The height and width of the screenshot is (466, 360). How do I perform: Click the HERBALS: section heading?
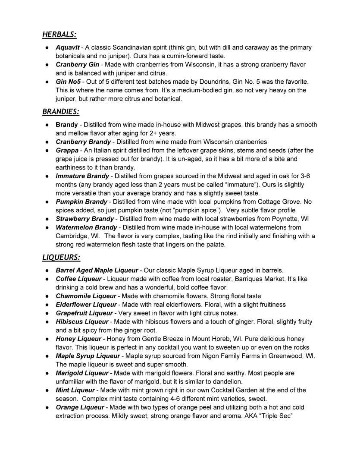point(59,35)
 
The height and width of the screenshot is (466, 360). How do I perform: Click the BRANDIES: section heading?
point(61,112)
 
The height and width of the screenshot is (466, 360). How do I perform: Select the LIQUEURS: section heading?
point(61,258)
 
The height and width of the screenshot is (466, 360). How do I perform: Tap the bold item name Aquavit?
point(67,47)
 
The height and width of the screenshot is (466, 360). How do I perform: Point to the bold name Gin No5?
point(68,82)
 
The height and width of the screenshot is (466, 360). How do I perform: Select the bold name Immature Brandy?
point(82,176)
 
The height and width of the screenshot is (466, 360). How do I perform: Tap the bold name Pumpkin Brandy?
point(81,202)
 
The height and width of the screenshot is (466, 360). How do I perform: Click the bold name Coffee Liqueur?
point(78,279)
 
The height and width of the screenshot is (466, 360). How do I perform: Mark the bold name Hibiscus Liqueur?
point(82,322)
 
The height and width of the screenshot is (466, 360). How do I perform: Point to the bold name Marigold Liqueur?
point(82,373)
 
